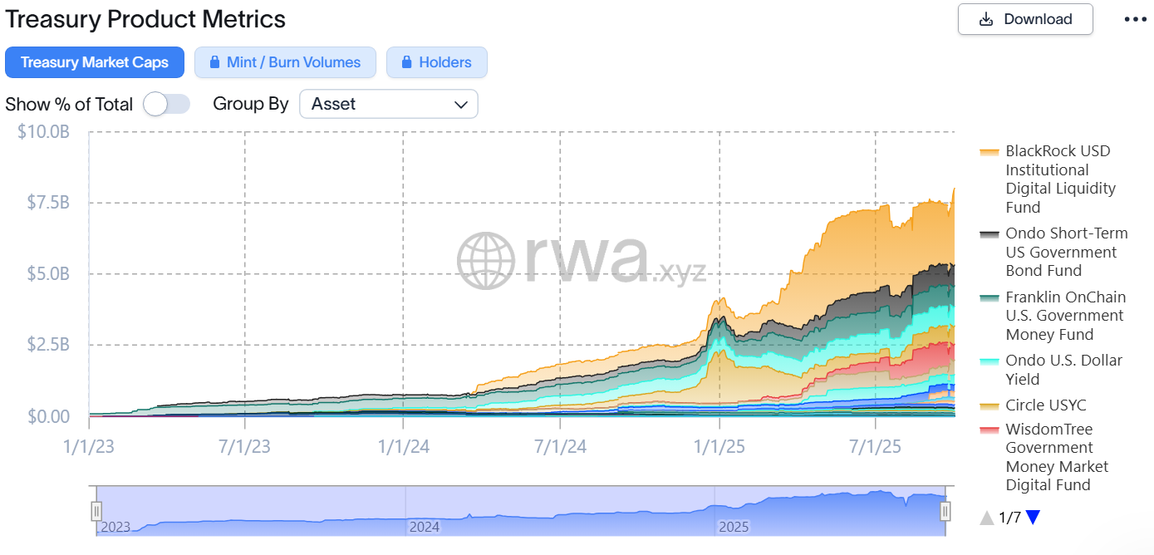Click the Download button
point(1025,19)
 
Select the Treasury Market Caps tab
point(95,62)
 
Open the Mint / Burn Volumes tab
point(285,62)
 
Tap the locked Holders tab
point(436,62)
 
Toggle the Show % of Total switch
point(166,104)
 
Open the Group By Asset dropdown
point(388,104)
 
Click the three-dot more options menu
point(1135,19)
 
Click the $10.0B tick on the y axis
point(43,131)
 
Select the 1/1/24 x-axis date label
point(403,447)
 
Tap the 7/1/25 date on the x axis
point(876,447)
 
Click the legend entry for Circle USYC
point(1045,405)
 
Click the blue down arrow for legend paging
point(1033,518)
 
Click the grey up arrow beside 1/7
point(987,518)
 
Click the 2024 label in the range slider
point(425,527)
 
